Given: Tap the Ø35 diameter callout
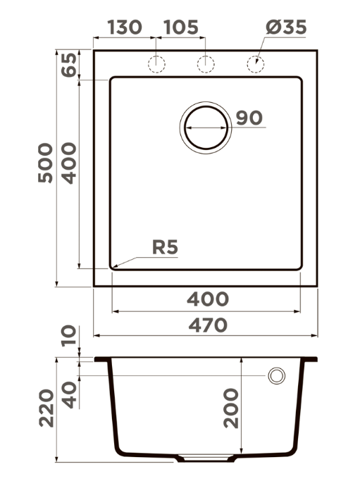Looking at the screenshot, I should click(x=286, y=27).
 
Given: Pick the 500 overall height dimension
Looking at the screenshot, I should click(x=45, y=163).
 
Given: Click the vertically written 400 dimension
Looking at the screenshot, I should click(x=68, y=163).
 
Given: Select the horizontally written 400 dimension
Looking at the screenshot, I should click(x=208, y=299).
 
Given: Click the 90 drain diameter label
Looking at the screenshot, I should click(x=249, y=118).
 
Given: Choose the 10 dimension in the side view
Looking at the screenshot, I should click(x=68, y=337).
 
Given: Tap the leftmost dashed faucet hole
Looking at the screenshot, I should click(x=156, y=64).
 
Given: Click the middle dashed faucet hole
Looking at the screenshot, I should click(x=205, y=64).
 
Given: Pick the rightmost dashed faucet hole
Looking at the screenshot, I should click(x=256, y=64).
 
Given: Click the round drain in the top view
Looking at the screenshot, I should click(x=206, y=127).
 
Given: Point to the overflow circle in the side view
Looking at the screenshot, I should click(x=276, y=376).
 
